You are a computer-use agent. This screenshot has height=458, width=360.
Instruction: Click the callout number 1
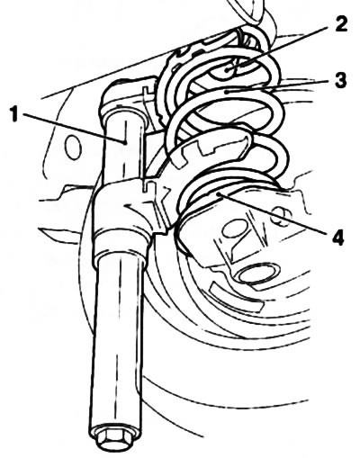coord(13,114)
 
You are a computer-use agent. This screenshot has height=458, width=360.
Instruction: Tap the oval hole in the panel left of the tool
coord(73,147)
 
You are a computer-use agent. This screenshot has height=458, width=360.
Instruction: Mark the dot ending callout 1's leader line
coord(124,142)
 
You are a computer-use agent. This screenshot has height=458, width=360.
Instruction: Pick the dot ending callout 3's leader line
coord(229,92)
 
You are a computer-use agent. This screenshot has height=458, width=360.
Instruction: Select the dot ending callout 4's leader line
coord(220,195)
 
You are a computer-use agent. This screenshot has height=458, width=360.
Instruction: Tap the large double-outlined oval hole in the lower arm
coord(258,273)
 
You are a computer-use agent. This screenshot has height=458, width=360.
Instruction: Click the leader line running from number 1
coord(73,128)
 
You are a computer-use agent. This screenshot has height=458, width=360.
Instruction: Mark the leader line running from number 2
coord(280,49)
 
